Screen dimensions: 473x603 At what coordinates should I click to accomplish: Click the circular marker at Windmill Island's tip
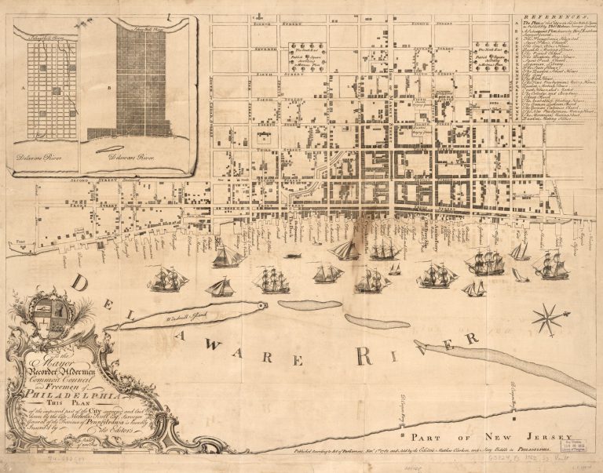click(x=261, y=304)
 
